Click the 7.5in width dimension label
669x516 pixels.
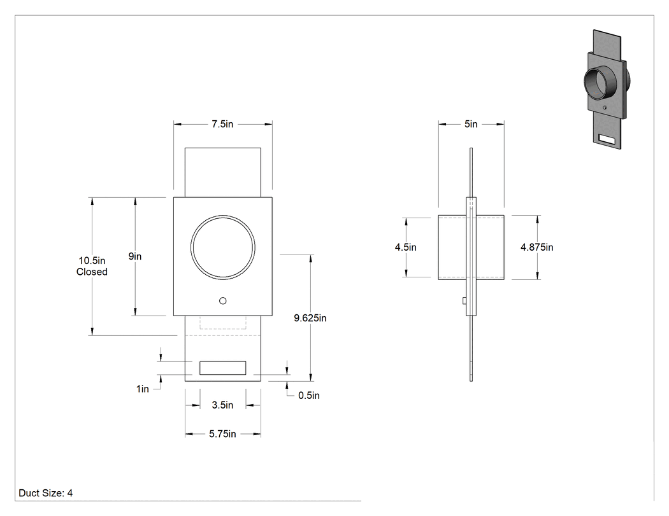[x=223, y=124]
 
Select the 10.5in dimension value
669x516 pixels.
[x=92, y=261]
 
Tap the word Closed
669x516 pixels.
[x=92, y=272]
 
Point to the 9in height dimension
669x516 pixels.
[x=135, y=256]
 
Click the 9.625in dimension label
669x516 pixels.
[x=310, y=318]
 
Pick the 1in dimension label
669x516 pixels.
[x=143, y=389]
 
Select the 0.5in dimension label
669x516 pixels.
[x=309, y=395]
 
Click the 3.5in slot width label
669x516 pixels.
[x=223, y=405]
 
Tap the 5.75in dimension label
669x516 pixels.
[x=223, y=434]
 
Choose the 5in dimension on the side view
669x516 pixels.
[x=471, y=124]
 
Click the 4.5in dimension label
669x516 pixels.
[x=406, y=247]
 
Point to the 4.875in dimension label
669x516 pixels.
[x=536, y=247]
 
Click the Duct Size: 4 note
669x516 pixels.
[x=46, y=493]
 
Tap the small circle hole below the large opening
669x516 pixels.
[x=223, y=301]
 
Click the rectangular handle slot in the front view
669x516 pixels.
[x=223, y=368]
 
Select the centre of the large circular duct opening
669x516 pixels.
[x=223, y=247]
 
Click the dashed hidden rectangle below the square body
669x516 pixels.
[x=223, y=322]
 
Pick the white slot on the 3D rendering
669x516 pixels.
[x=607, y=139]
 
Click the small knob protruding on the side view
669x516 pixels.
[x=464, y=301]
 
